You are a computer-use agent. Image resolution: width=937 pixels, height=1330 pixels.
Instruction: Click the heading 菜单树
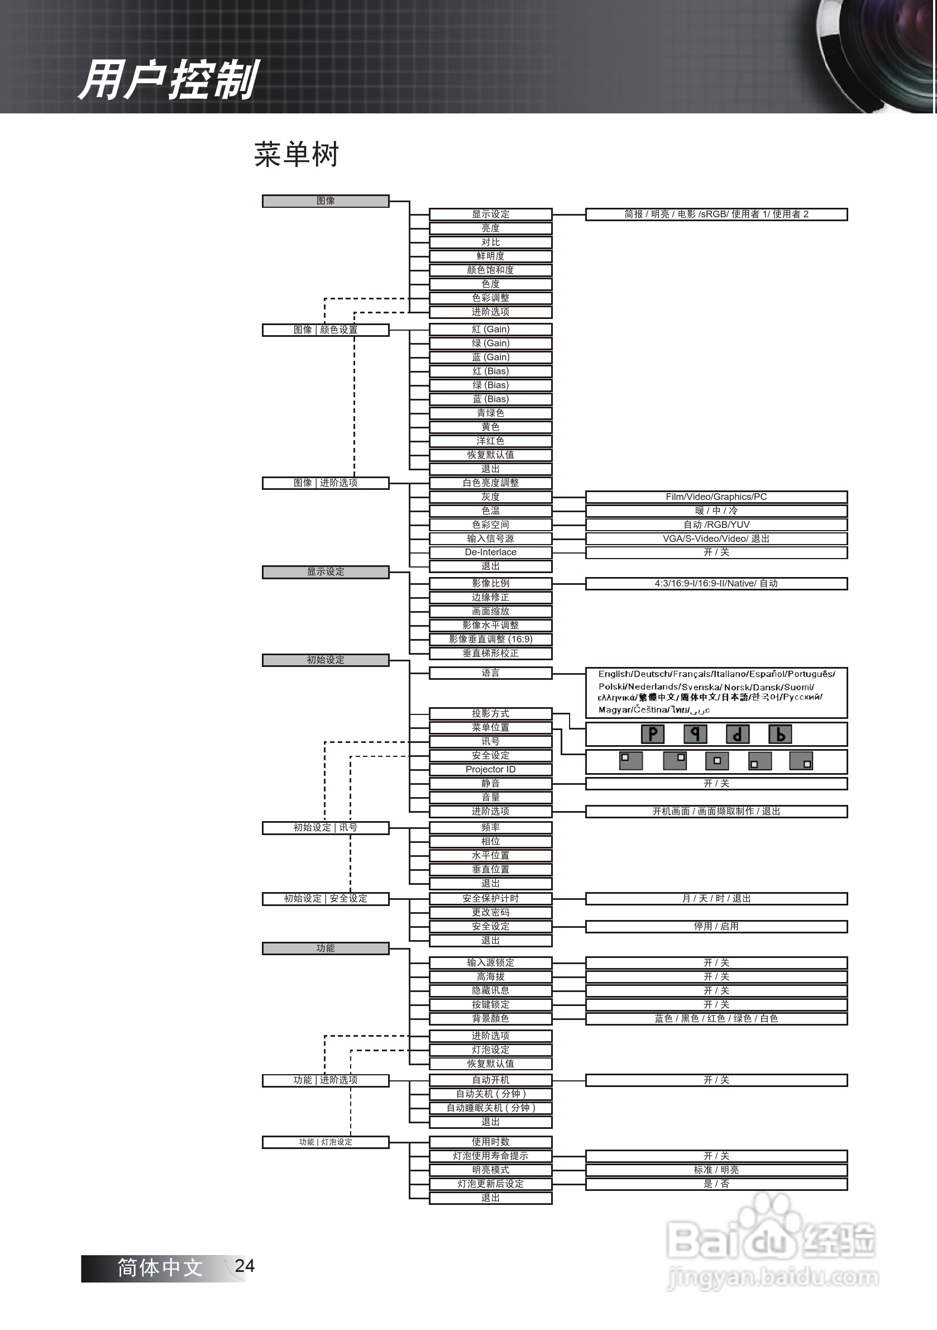point(296,155)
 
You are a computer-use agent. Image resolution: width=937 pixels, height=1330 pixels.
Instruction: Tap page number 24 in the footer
point(245,1266)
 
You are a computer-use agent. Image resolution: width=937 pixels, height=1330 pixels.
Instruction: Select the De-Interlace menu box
point(490,552)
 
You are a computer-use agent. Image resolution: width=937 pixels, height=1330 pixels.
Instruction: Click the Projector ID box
point(490,769)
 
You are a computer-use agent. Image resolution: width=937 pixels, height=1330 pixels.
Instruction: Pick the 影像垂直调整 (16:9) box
point(490,639)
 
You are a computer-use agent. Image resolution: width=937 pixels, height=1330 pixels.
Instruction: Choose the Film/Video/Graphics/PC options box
point(716,497)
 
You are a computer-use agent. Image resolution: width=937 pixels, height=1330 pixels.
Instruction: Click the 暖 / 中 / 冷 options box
point(716,511)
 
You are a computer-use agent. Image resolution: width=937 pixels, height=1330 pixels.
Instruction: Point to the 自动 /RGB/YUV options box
point(716,525)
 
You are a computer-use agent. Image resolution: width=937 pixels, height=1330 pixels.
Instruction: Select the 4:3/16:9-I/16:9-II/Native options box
point(716,583)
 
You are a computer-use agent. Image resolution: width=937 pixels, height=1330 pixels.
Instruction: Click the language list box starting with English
point(716,692)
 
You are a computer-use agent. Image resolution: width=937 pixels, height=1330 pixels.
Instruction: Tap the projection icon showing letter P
point(653,734)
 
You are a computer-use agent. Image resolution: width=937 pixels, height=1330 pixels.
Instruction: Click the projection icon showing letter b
point(780,734)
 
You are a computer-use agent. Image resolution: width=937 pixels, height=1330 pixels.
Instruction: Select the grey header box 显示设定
point(325,572)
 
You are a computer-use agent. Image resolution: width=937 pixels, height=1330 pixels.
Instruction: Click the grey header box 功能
point(325,948)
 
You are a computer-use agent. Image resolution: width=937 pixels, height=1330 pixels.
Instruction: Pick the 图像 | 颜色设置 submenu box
point(325,330)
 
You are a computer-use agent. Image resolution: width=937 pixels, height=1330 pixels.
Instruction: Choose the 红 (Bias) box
point(490,371)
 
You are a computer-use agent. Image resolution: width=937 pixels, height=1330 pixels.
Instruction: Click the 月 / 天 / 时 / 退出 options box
point(716,898)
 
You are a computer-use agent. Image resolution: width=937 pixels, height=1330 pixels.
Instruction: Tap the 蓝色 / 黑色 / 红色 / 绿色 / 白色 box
point(716,1018)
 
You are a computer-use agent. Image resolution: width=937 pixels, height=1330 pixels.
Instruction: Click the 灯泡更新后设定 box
point(490,1184)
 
